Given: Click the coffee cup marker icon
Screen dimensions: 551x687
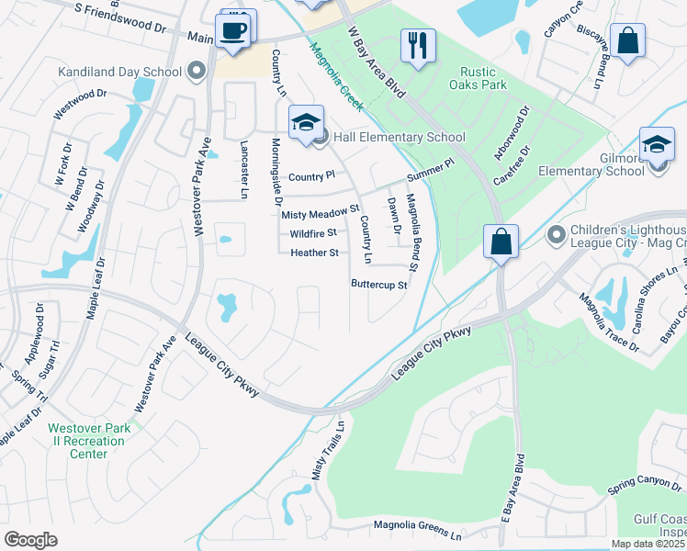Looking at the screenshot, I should point(233,30).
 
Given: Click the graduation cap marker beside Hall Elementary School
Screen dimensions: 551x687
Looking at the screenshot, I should point(306,122).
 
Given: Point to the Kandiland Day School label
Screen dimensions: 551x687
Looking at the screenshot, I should point(119,71).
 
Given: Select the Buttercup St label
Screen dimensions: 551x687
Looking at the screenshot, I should point(378,285).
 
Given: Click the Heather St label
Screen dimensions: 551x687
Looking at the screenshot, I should point(315,253).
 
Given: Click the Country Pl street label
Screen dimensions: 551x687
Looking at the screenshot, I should point(311,176).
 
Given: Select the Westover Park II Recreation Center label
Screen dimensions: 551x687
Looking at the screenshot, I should point(89,440).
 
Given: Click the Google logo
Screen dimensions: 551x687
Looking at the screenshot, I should point(31,540).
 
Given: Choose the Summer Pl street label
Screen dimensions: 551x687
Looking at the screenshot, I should point(431,170).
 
